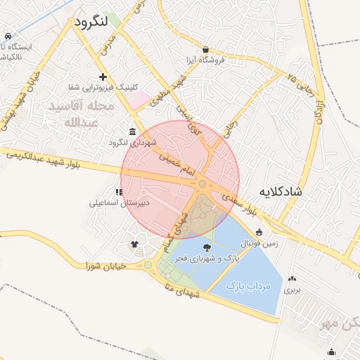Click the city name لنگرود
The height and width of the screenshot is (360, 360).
point(91,21)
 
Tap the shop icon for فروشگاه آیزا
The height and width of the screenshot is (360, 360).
point(205,50)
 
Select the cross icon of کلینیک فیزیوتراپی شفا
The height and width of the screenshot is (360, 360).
point(103,77)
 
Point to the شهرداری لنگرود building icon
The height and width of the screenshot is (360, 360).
point(133,132)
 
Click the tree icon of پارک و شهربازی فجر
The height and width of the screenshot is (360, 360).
point(207,247)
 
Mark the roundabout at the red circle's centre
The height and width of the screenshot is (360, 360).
point(202,184)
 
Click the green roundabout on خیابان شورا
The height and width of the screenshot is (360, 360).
point(148,265)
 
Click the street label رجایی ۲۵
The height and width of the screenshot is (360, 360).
point(301,80)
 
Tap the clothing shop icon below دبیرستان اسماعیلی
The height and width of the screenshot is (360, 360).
point(134,244)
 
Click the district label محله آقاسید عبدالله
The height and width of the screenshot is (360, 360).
point(78,114)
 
